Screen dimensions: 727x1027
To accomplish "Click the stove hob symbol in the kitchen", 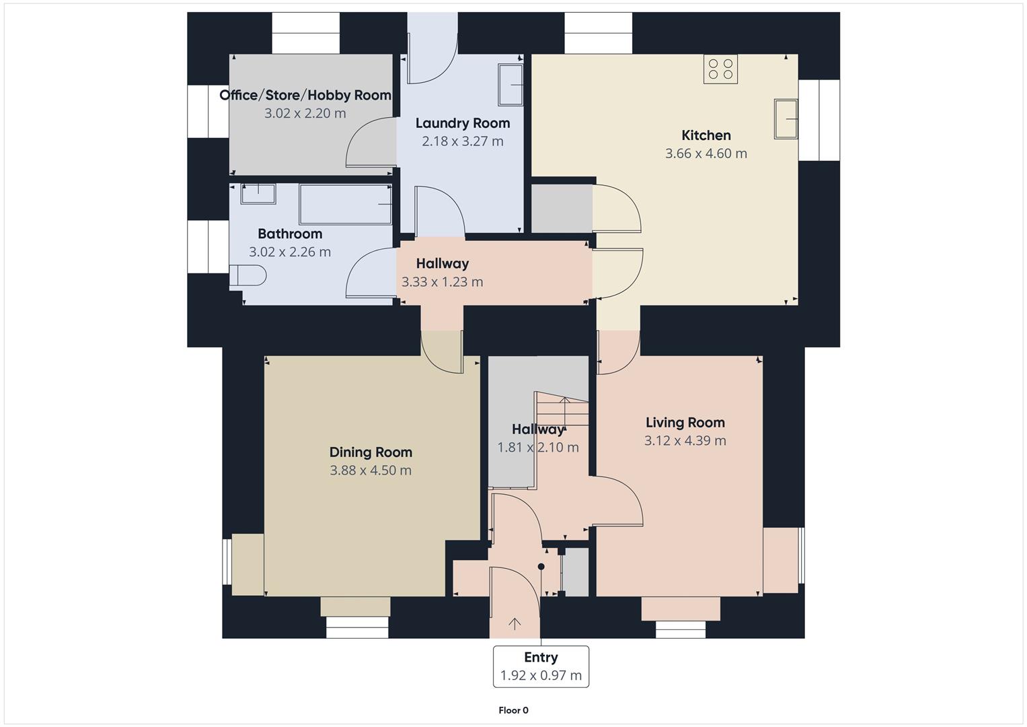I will (x=720, y=69).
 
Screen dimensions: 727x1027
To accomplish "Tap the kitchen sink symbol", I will (x=786, y=119).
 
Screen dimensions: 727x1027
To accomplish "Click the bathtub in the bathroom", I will (x=345, y=204).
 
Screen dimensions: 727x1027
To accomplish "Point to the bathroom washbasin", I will (x=258, y=193).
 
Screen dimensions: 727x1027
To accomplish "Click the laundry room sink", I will (x=510, y=85).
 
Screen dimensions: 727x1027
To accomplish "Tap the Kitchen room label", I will (x=706, y=135).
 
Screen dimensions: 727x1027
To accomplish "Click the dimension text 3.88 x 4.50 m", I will (x=371, y=471).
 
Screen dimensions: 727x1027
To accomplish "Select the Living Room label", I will (x=685, y=423).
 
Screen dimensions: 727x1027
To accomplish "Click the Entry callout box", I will (x=541, y=666).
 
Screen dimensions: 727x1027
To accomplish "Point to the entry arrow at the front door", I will (x=515, y=624).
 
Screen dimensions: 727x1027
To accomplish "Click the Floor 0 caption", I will (x=513, y=710).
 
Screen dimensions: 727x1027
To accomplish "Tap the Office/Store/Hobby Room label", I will (x=305, y=95).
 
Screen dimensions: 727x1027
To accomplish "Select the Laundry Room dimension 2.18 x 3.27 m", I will (x=463, y=141).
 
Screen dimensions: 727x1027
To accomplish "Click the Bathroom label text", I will (x=290, y=234).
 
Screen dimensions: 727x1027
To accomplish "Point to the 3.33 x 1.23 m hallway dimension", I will (x=442, y=282).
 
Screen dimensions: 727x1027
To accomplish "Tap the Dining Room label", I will (x=371, y=452).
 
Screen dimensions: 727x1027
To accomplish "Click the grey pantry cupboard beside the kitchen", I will (x=562, y=208).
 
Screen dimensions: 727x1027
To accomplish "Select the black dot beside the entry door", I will (x=541, y=567).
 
